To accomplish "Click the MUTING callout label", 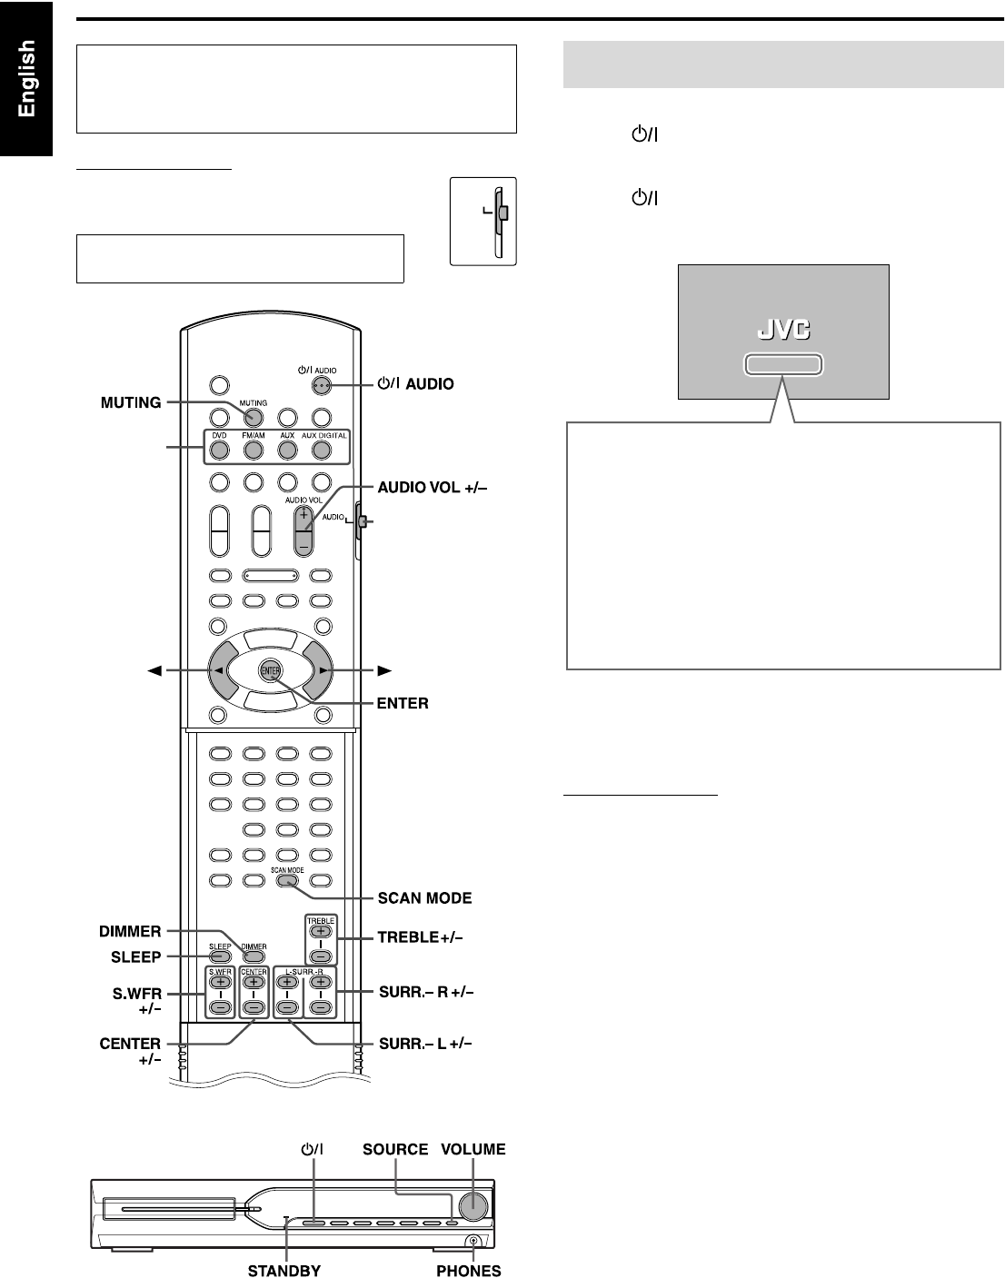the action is (x=131, y=402).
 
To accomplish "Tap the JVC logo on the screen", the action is (x=782, y=329).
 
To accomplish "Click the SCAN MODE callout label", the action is (x=424, y=898).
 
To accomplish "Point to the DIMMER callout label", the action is (x=131, y=931).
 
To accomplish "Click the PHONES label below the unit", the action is (x=468, y=1271).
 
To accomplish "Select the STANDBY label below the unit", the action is (x=284, y=1271).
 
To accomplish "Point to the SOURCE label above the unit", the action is (x=395, y=1149).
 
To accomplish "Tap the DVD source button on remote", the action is (x=219, y=449).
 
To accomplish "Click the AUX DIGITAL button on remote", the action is (x=322, y=449).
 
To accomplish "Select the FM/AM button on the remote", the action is (x=254, y=449).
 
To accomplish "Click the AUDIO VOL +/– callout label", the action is (x=433, y=488).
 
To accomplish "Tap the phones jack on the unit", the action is (x=473, y=1242).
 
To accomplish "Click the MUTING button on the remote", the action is (x=254, y=417).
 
